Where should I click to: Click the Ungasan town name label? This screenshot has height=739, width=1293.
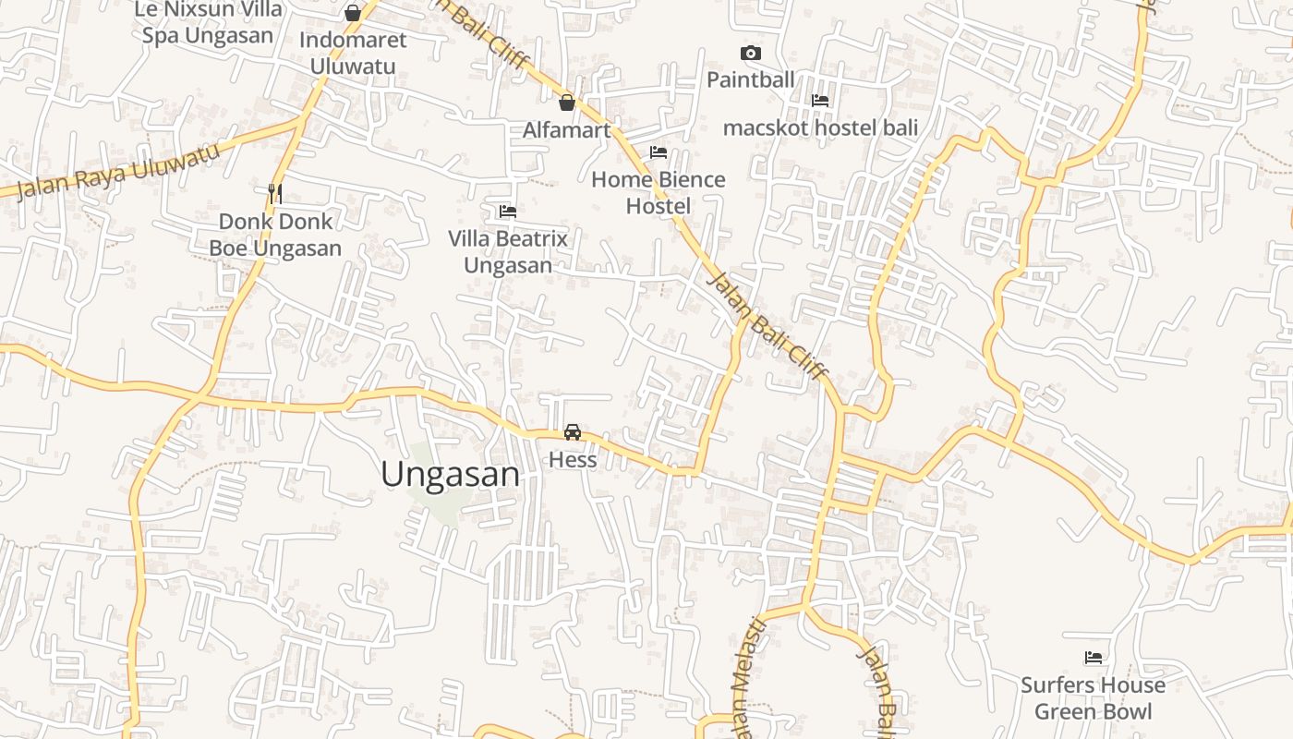450,474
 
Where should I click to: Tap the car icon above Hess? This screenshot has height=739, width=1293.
573,431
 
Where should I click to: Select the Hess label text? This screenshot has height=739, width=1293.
573,459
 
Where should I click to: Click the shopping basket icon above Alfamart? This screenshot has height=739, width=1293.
567,102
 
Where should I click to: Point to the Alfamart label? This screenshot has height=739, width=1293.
567,130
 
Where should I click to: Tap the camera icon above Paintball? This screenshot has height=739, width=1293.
751,53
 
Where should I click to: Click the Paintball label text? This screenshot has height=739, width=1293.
751,79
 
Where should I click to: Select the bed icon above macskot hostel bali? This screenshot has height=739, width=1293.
820,100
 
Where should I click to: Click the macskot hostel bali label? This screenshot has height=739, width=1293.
820,127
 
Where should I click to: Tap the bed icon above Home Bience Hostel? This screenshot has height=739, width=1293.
659,151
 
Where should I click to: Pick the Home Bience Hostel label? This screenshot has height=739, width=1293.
659,192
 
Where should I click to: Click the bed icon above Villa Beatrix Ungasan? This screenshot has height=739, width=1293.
507,211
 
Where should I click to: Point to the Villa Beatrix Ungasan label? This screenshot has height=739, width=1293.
508,251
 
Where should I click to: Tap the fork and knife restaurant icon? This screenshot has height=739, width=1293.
274,193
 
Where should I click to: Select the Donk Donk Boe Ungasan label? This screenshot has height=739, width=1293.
275,235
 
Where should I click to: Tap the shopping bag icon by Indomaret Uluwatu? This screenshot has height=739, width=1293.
352,13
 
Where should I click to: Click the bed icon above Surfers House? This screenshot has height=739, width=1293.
1094,658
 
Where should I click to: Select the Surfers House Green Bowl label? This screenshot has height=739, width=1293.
1093,698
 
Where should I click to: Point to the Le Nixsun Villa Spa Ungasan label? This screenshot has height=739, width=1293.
208,23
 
